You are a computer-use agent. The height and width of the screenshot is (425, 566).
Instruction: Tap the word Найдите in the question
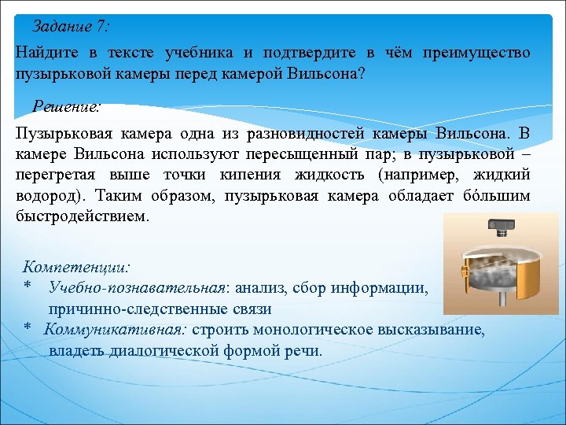[46, 53]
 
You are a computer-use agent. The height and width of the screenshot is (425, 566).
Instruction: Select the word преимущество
[476, 53]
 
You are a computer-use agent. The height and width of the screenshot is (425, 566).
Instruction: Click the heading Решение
[67, 105]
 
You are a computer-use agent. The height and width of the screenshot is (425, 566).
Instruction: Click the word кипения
[252, 174]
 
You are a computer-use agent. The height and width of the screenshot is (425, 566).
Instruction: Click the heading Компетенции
[77, 268]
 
